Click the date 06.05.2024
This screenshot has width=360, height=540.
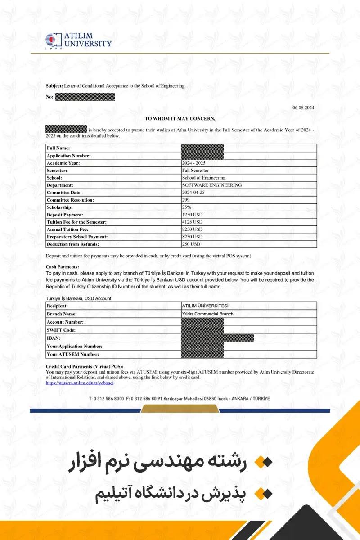coord(303,108)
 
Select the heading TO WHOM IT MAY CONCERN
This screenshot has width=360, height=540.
coord(180,118)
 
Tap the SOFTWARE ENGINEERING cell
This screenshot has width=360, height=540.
coord(211,185)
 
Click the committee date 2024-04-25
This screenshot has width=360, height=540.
coord(194,192)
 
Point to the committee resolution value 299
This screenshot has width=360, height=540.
coord(186,200)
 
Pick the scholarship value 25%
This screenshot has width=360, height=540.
coord(187,207)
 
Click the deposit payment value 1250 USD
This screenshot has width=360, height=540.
coord(192,215)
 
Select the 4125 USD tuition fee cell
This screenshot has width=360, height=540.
coord(192,222)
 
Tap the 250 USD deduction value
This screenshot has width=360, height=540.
coord(191,244)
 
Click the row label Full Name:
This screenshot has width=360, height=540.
coord(58,148)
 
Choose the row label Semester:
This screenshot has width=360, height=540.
coord(57,171)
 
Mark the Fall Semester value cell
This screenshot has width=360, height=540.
coord(195,171)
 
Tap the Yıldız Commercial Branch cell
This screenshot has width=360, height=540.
coord(207,314)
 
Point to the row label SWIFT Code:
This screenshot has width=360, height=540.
coord(61,330)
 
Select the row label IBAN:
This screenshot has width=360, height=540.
coord(54,338)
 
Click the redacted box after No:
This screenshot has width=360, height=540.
coord(85,96)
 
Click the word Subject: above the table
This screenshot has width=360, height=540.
coord(54,86)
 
